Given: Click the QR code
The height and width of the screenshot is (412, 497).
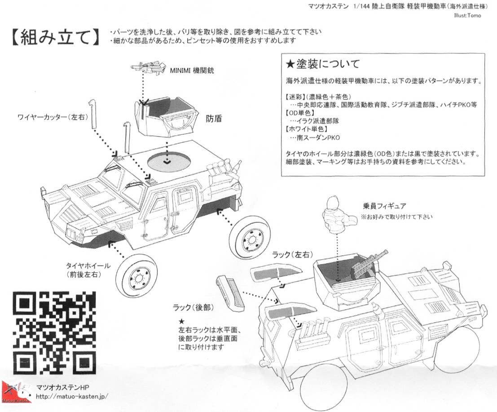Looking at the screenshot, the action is [54, 333].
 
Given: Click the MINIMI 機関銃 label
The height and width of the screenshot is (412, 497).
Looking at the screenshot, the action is [192, 71].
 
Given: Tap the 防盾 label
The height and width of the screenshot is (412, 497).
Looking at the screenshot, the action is [214, 119].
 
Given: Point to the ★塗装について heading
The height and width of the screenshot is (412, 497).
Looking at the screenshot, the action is [323, 64].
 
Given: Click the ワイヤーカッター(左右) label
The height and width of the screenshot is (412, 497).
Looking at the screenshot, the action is [52, 117].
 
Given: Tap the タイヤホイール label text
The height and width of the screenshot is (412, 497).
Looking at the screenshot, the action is [88, 266].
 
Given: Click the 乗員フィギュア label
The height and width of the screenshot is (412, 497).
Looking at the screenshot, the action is [384, 206].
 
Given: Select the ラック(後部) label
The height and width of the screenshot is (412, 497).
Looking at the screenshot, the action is [193, 307].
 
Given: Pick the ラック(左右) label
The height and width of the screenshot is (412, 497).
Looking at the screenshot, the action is [293, 254].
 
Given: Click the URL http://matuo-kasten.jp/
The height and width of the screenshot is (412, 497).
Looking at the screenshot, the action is [72, 396].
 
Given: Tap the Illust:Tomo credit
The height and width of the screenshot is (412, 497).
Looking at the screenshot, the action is [467, 15].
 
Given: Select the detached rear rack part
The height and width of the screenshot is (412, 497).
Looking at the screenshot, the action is [230, 293].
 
